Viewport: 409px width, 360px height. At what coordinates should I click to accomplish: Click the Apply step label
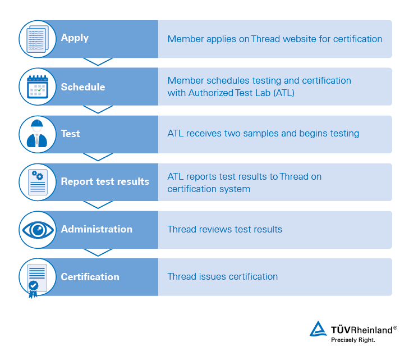point(75,38)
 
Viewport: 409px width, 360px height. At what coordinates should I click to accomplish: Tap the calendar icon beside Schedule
point(38,86)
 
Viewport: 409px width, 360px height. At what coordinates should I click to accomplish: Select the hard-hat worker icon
point(37,134)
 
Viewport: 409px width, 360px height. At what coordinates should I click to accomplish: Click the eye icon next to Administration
point(38,230)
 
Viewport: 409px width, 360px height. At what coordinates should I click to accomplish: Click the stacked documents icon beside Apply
point(38,39)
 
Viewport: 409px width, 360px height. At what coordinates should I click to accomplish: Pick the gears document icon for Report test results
point(38,182)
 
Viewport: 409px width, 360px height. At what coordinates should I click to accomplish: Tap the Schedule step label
point(83,87)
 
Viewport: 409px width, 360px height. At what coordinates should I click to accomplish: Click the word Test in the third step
point(71,134)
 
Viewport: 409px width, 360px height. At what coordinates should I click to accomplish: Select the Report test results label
point(105,181)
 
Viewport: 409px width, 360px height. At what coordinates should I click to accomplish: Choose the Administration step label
point(96,229)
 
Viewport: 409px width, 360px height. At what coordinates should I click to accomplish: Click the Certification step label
point(90,277)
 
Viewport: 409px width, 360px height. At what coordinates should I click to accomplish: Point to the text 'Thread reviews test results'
point(224,229)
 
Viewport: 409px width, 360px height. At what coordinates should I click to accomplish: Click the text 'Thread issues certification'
point(223,276)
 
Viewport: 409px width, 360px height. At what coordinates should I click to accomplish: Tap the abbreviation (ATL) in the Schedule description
point(284,93)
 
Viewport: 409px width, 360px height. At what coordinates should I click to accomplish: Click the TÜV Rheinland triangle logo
point(318,329)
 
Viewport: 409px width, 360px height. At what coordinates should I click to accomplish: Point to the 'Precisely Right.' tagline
point(353,340)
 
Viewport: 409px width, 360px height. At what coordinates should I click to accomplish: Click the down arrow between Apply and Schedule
point(98,62)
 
